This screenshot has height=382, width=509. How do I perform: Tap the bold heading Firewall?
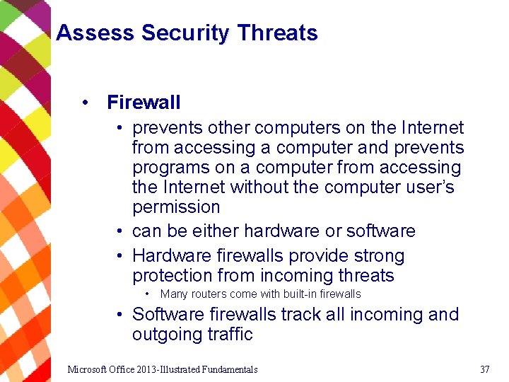144,103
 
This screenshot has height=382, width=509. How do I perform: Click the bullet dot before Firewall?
85,103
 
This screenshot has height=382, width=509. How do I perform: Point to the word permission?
176,207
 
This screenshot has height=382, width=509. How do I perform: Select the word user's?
429,187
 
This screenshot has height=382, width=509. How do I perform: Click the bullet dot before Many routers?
146,294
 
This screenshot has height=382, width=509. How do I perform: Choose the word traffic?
231,334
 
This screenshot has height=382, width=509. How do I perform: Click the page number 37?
484,369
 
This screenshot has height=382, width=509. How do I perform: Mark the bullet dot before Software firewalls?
122,314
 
